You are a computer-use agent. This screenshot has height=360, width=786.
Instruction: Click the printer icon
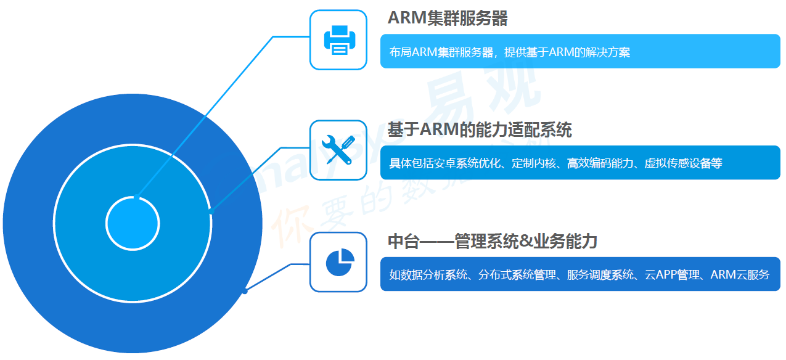coord(338,39)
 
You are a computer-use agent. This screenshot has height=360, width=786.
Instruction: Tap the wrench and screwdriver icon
coord(338,150)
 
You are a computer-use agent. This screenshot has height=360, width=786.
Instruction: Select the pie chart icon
coord(338,262)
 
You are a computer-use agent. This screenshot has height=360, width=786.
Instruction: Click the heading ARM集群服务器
coord(448,18)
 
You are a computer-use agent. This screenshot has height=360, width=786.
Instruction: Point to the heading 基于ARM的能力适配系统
coord(480,130)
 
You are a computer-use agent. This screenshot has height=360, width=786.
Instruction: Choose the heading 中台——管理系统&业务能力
coord(493,242)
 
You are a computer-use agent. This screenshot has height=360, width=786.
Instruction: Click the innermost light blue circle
coord(133,223)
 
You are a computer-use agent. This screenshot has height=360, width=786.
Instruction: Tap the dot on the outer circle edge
coord(245,291)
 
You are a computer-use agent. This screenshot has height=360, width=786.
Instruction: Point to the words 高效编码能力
coord(600,163)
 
